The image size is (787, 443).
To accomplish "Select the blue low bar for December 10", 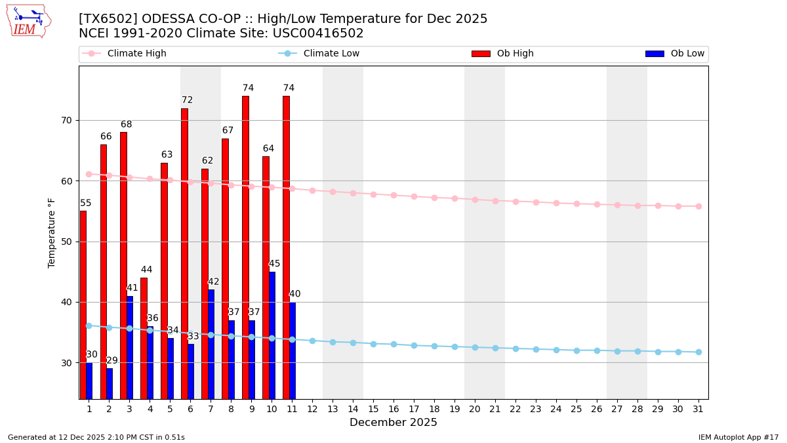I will pos(272,335).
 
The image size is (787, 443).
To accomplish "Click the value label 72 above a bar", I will pos(188,100).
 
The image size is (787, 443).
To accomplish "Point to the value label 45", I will pos(274,264).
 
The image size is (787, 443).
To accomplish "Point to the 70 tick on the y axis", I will pos(66,121).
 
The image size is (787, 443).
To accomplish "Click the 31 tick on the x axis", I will pos(698,409).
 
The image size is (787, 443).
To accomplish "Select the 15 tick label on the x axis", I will pos(373,409).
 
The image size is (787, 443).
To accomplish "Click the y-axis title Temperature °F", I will pos(52,232).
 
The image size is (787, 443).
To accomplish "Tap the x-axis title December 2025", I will pos(393,423).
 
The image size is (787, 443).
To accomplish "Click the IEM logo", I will pos(28,21).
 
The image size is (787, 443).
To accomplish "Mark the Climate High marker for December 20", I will pos(475,200).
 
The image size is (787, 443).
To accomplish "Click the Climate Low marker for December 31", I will pos(698,352).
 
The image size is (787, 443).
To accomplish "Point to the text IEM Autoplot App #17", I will pos(738,437).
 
